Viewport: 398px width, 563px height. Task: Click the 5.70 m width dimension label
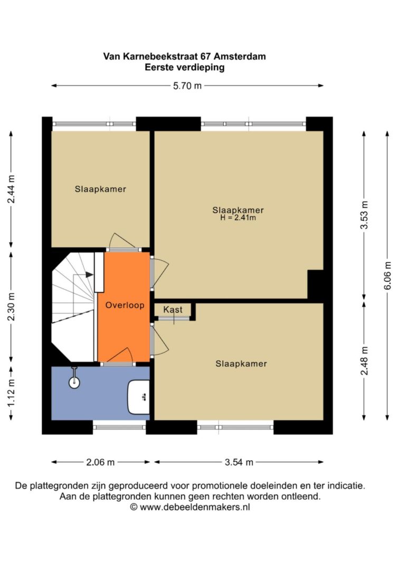tap(187, 86)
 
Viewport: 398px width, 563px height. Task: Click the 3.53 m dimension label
tap(364, 215)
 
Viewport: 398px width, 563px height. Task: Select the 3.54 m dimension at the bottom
tap(238, 462)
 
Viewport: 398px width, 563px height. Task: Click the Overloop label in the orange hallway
tap(124, 306)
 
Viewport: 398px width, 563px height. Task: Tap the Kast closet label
tap(173, 310)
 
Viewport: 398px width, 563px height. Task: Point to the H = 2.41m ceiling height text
tap(238, 217)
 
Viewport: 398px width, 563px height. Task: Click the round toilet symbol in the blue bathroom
tap(74, 382)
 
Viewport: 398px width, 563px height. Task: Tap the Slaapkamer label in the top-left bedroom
tap(100, 189)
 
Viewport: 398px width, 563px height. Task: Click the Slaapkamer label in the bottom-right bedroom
tap(241, 364)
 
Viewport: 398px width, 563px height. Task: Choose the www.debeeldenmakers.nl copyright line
tap(190, 507)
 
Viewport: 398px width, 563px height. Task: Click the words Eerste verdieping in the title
tap(184, 67)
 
